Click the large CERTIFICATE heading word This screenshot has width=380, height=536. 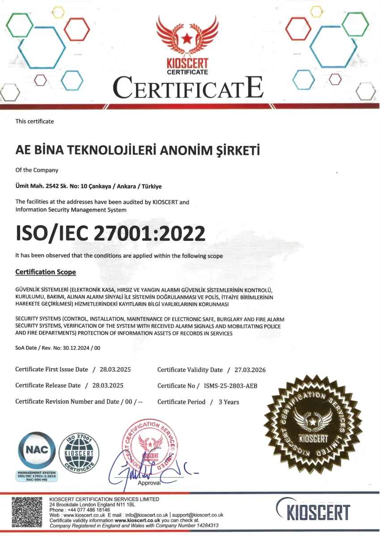click(x=188, y=88)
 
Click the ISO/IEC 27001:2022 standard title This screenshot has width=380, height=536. click(x=110, y=233)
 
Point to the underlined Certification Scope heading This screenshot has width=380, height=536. click(x=46, y=272)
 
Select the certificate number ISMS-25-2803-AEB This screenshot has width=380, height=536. click(x=231, y=386)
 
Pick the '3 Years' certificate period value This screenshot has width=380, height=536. click(x=228, y=402)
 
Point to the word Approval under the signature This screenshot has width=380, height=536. click(x=149, y=483)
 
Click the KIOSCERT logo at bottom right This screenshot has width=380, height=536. click(x=312, y=511)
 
